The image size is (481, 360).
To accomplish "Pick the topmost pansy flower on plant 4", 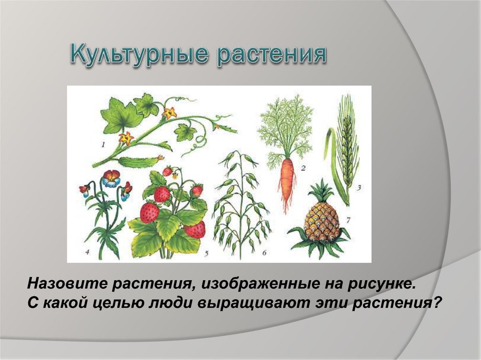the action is pos(111,178).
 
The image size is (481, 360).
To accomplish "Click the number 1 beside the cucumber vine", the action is pos(103,144).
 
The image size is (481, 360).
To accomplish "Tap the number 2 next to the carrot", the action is pos(303,168).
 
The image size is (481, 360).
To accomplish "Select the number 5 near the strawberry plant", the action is pos(206,253).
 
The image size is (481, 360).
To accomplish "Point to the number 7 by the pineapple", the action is pos(348,220).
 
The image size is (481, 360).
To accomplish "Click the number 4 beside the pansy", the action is pos(87,253).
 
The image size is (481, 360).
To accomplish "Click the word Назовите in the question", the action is pos(68,283).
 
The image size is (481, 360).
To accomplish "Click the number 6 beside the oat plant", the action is pos(264,253).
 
